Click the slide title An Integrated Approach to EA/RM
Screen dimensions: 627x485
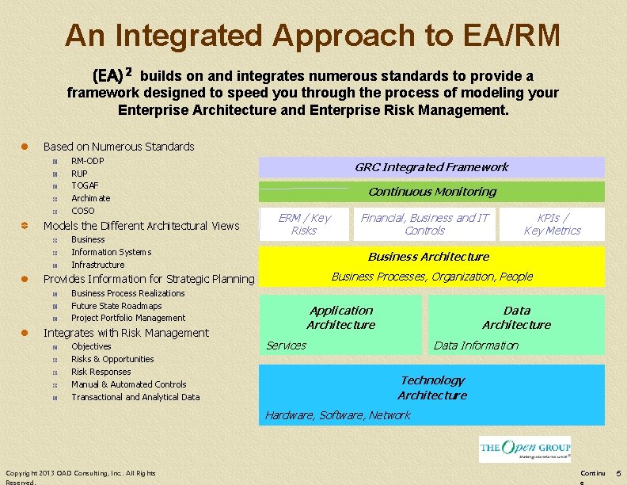[313, 35]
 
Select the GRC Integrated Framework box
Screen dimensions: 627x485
[431, 167]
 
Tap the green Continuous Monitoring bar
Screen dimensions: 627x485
[431, 192]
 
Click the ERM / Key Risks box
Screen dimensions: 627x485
[304, 224]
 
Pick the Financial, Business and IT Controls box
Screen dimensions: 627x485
[424, 224]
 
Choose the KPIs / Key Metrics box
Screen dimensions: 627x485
[552, 224]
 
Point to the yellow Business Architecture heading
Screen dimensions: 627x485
[428, 257]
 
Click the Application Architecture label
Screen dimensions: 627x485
[340, 318]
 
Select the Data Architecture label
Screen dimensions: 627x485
[516, 318]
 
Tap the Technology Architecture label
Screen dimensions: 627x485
[431, 388]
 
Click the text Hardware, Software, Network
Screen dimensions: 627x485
[338, 415]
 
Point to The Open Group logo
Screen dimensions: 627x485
[525, 449]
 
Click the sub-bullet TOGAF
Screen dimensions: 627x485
[85, 185]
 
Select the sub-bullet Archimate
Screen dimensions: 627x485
[91, 198]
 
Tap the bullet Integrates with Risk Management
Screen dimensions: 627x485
[126, 333]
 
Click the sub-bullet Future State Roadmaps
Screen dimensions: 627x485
[116, 306]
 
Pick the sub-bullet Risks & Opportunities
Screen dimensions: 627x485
[112, 359]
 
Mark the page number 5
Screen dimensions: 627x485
[617, 473]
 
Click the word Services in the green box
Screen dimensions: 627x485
[286, 346]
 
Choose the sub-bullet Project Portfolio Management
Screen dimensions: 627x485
[128, 319]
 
